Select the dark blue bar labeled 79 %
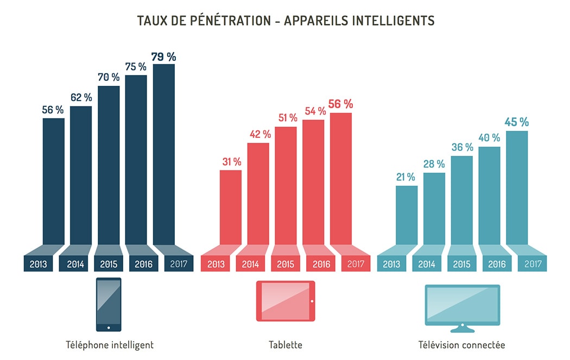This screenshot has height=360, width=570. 164,155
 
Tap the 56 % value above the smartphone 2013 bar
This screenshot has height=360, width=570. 53,110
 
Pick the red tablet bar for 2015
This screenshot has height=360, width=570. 286,186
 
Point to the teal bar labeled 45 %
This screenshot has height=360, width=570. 517,188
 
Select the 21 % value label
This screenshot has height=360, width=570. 406,177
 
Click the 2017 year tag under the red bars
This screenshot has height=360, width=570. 356,264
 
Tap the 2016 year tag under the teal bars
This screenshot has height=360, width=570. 497,264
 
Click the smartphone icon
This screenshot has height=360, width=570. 109,305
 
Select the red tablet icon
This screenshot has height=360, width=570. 286,301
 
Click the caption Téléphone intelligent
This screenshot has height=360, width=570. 110,345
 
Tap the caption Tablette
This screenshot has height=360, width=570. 286,345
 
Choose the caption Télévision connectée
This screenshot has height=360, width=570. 462,345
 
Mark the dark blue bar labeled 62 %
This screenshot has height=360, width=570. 81,175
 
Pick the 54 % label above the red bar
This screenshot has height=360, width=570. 314,111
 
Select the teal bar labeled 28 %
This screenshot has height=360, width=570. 434,209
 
